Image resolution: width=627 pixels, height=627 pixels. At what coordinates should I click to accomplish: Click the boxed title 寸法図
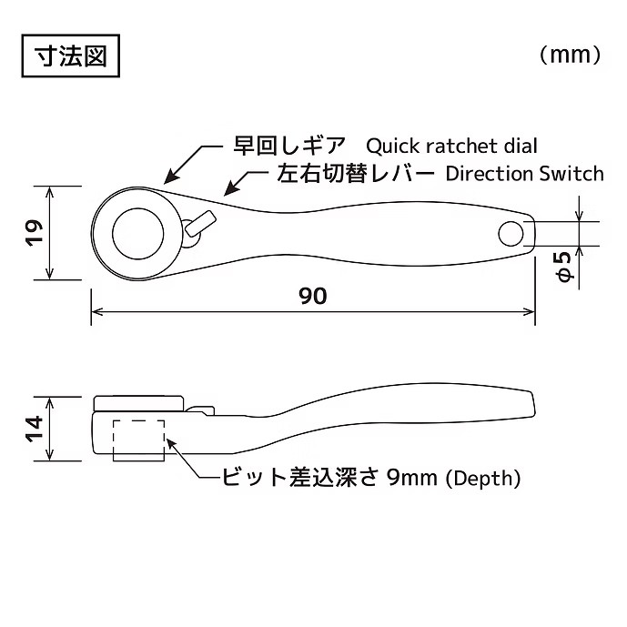coord(71,56)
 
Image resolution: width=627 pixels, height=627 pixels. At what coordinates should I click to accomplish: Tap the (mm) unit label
coord(571,55)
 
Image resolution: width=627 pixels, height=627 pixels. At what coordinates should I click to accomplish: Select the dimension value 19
coord(34,233)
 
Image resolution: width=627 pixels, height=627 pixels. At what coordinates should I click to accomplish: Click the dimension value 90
coord(313,296)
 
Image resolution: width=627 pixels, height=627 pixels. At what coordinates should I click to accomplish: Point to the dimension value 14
coord(34,429)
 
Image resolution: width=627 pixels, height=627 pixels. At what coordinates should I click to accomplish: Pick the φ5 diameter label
coord(565,266)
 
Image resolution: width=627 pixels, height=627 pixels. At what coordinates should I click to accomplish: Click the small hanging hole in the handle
coord(511,234)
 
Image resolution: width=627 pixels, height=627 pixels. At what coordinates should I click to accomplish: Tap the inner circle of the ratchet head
coord(138,234)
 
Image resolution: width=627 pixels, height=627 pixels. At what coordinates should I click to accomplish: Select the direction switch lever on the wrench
coord(200,223)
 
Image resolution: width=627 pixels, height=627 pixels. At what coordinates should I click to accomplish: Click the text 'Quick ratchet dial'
coord(452,146)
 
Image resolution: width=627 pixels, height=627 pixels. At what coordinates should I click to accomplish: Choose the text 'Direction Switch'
coord(524,174)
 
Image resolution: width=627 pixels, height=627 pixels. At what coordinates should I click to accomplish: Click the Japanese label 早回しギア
coord(289,146)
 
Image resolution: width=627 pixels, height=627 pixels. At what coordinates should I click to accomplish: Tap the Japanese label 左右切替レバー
coord(356,174)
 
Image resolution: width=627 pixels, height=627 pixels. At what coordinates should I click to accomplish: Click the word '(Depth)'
coord(483,478)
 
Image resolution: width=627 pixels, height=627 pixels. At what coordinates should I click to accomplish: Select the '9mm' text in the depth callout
coord(412,478)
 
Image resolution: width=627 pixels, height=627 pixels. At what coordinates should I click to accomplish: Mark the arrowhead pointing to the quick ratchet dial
coord(170,177)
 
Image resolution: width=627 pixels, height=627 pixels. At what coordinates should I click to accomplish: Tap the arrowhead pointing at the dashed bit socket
coord(171,444)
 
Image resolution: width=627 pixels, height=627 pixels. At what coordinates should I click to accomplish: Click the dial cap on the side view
coord(138,403)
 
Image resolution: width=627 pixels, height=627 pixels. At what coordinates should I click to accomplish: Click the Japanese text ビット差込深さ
coord(299,478)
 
